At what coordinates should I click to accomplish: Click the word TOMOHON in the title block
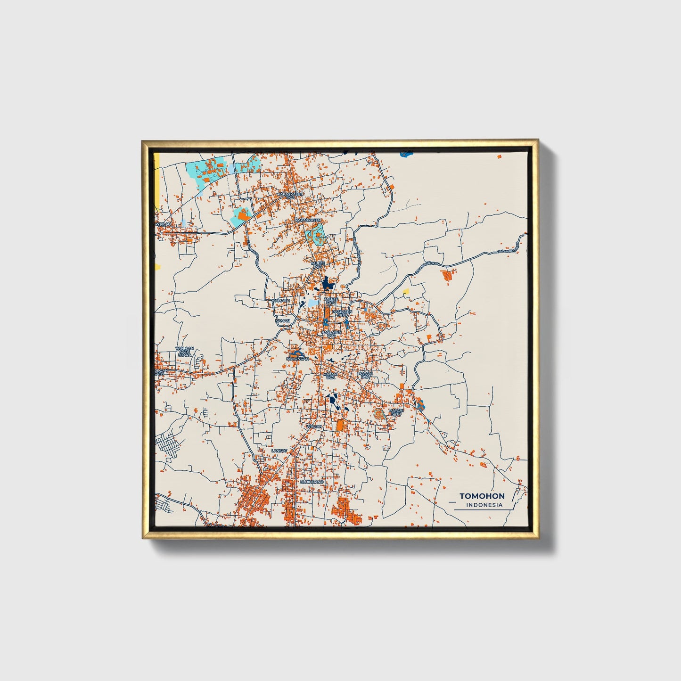(482, 496)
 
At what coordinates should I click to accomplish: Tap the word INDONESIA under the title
(484, 505)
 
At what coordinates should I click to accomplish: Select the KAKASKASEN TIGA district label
(290, 195)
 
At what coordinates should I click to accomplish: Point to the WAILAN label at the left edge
(163, 224)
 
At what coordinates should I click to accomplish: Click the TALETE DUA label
(318, 265)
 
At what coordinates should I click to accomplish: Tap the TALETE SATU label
(331, 300)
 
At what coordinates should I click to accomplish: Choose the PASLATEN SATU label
(342, 313)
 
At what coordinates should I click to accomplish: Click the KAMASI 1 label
(282, 300)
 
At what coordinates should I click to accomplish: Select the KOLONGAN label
(297, 359)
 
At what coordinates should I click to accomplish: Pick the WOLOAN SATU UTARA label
(184, 351)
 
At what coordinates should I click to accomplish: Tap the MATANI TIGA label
(329, 376)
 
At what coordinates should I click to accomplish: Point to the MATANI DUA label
(366, 375)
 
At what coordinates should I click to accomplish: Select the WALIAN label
(314, 427)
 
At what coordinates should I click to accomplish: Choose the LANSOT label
(279, 451)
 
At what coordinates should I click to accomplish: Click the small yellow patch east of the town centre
(406, 292)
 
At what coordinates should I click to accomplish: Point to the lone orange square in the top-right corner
(500, 156)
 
